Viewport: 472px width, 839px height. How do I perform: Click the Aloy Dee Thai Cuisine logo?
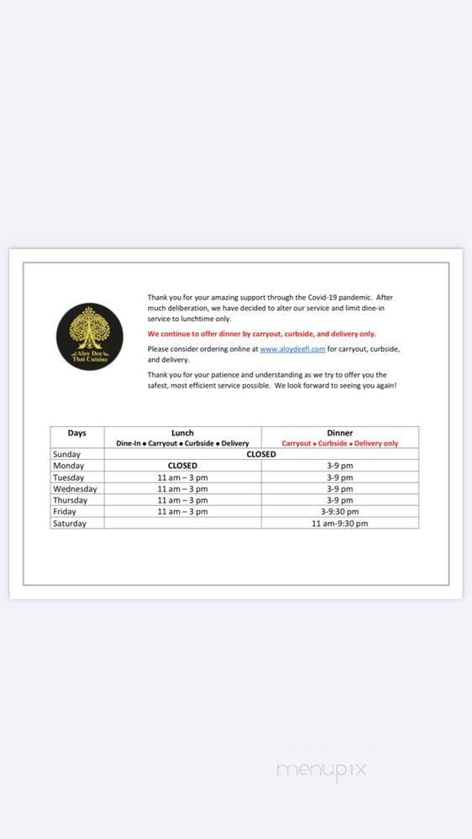[x=90, y=337]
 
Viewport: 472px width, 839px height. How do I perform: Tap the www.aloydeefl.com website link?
[x=291, y=348]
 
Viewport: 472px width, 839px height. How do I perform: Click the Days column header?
[x=76, y=433]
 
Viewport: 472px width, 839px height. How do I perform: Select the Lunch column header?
[x=182, y=433]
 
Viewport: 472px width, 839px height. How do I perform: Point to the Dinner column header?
[x=339, y=433]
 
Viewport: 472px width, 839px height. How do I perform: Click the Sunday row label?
[x=66, y=454]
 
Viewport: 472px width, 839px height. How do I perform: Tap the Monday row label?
[x=68, y=466]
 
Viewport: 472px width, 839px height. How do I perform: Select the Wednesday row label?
[x=75, y=488]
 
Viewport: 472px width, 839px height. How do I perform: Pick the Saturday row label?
[x=70, y=523]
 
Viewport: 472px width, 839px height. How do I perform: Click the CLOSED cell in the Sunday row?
[x=260, y=454]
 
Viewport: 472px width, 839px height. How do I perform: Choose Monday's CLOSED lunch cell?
[x=182, y=466]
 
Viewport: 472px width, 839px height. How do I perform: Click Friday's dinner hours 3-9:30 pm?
[x=339, y=511]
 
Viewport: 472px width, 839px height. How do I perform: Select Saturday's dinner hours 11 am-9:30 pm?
[x=339, y=523]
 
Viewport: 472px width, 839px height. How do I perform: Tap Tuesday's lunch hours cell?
[x=182, y=477]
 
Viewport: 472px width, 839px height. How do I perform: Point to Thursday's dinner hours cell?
[x=339, y=500]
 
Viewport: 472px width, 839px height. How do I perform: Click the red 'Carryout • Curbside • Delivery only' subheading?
[x=339, y=443]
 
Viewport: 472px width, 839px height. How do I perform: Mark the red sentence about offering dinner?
[x=261, y=333]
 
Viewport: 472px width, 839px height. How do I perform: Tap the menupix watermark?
[x=322, y=769]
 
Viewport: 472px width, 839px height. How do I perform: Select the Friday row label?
[x=65, y=511]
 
